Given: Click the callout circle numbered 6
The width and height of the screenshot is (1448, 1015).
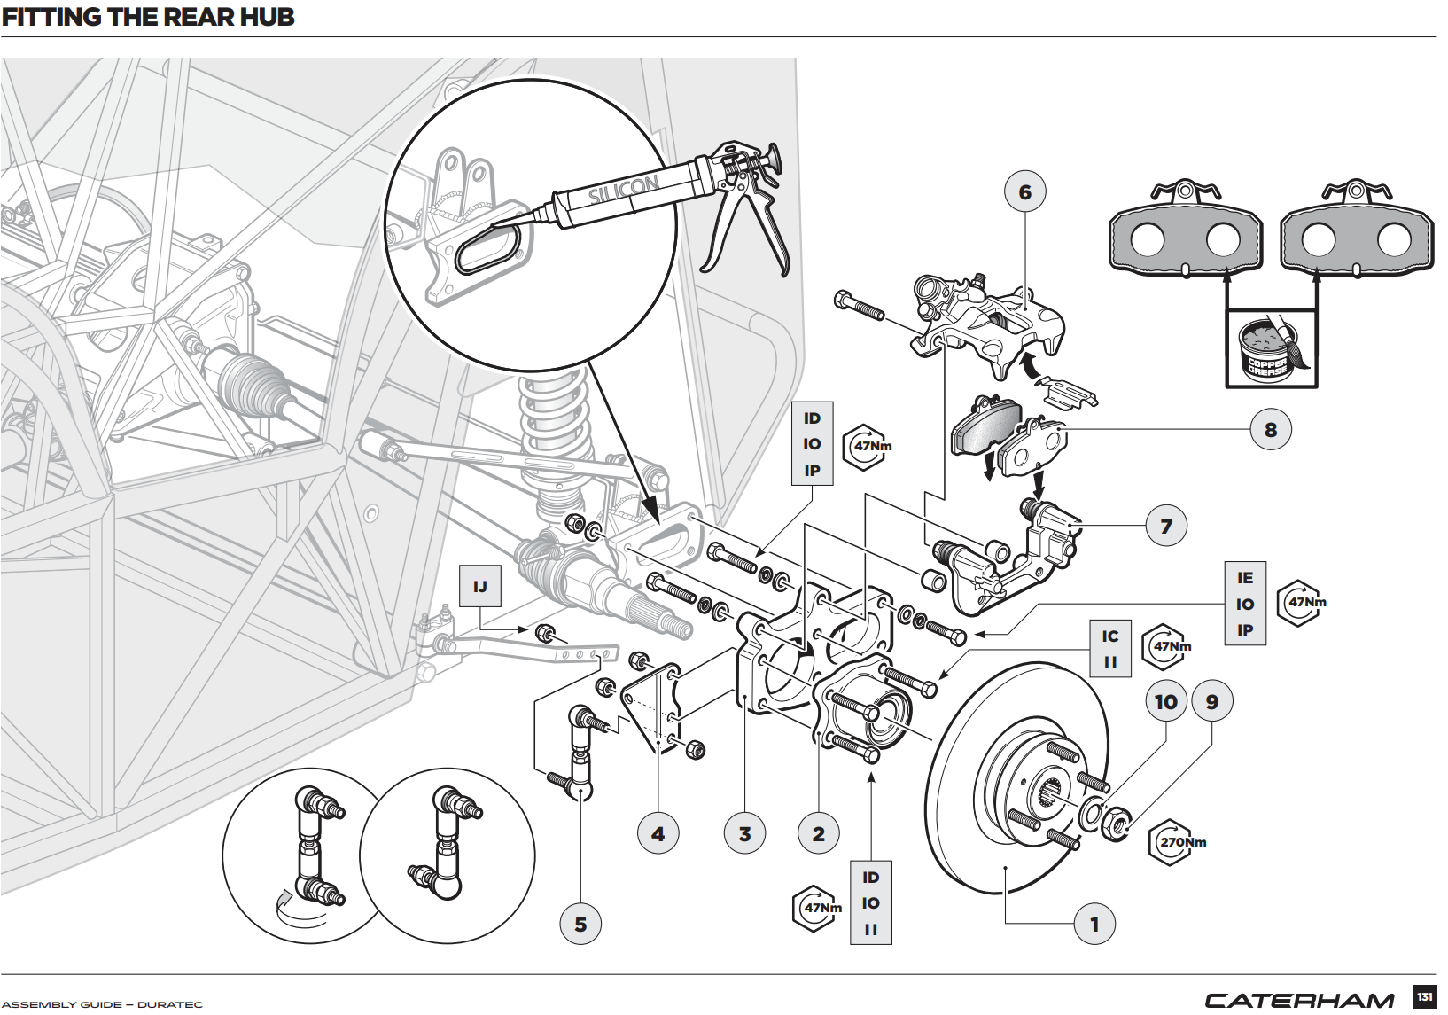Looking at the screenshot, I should pyautogui.click(x=1025, y=192).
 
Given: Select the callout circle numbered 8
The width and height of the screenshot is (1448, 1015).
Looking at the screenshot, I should pyautogui.click(x=1271, y=430).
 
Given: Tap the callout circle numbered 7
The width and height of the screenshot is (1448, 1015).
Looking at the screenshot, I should pyautogui.click(x=1166, y=527).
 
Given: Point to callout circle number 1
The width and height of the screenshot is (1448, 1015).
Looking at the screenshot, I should pyautogui.click(x=1094, y=925).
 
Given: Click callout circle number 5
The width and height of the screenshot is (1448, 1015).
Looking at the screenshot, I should pyautogui.click(x=580, y=925).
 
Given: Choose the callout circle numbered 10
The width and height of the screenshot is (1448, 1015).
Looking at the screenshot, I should pyautogui.click(x=1166, y=702).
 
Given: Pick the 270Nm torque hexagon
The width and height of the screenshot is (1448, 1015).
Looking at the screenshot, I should pyautogui.click(x=1175, y=842).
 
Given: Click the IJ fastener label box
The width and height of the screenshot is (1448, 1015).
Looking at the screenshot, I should pyautogui.click(x=480, y=586).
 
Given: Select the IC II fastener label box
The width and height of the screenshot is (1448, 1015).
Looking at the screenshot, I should pyautogui.click(x=1110, y=649).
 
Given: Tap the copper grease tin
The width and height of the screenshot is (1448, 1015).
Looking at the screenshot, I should pyautogui.click(x=1266, y=349).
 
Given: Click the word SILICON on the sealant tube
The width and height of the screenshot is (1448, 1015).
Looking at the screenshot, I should pyautogui.click(x=624, y=190).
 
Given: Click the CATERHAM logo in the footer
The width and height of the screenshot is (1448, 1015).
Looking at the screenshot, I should pyautogui.click(x=1299, y=1001).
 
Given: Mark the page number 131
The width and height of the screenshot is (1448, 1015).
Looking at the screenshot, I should pyautogui.click(x=1424, y=996).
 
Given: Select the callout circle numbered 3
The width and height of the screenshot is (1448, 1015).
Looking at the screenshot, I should pyautogui.click(x=744, y=834).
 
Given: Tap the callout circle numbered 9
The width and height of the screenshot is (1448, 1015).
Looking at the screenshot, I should pyautogui.click(x=1212, y=702).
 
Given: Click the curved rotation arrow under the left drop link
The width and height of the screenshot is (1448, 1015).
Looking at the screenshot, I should pyautogui.click(x=292, y=909).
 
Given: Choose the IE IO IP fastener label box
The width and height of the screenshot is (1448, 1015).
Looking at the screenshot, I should pyautogui.click(x=1245, y=604).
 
